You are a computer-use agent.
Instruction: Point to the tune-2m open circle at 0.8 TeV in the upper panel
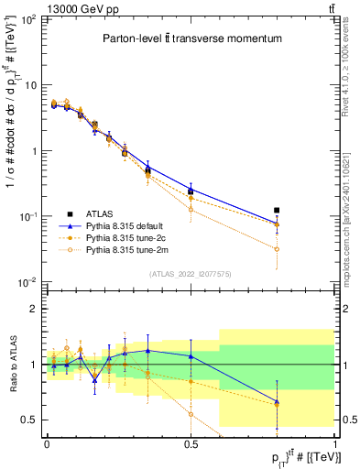[278, 249]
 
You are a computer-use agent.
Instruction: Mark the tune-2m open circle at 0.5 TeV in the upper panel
[191, 210]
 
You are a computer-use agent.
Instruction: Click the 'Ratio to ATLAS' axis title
[11, 364]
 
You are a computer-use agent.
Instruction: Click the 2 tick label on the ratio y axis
[36, 309]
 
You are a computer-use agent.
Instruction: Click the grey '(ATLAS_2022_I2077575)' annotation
[191, 273]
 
